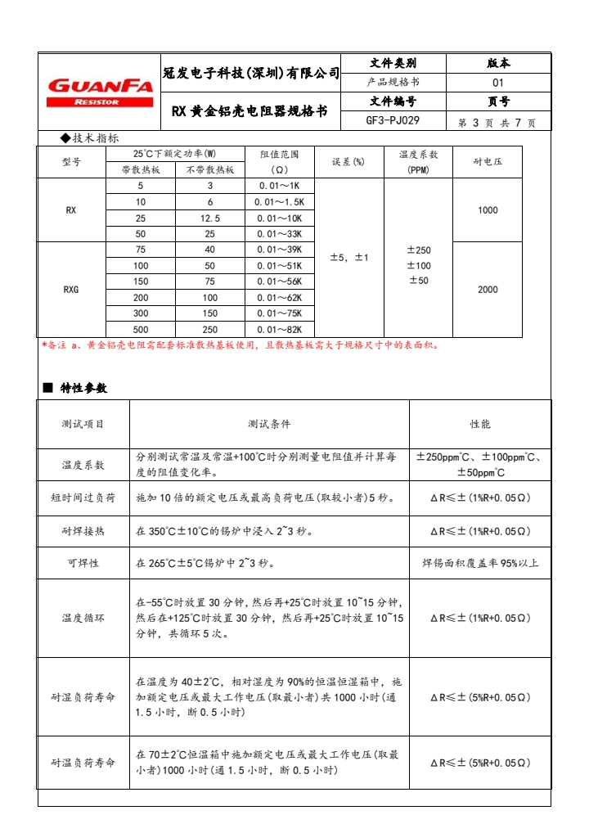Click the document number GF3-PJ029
[393, 121]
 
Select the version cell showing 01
[498, 83]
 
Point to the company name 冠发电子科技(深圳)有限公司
[251, 74]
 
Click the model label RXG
[72, 289]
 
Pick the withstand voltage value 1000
[488, 210]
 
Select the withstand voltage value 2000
[488, 289]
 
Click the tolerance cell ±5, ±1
[349, 258]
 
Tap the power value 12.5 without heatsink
[210, 218]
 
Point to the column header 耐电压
[488, 162]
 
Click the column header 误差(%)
[349, 162]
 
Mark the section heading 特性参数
[83, 388]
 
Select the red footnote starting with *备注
[241, 344]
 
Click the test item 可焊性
[83, 563]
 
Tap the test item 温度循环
[83, 619]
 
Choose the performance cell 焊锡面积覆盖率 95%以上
[480, 563]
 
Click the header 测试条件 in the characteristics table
[269, 424]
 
